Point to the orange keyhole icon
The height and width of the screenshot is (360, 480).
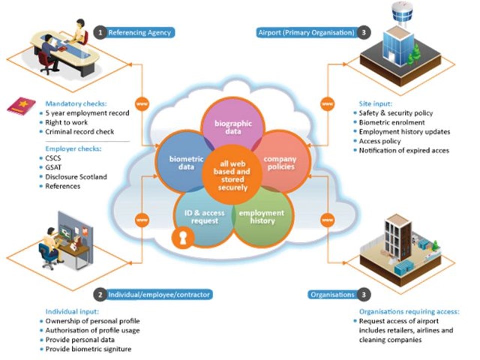point(183,237)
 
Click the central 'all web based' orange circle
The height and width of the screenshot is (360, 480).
point(232,175)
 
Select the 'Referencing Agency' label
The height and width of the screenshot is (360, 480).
point(140,33)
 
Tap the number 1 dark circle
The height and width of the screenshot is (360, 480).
point(100,33)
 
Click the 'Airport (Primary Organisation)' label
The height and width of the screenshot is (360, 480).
point(306,33)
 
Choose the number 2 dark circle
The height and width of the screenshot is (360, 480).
point(100,295)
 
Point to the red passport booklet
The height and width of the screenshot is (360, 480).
point(21,106)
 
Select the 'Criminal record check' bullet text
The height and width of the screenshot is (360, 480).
point(80,132)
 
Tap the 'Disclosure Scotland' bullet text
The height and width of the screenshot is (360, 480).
point(76,177)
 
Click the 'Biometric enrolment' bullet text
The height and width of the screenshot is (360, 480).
point(392,123)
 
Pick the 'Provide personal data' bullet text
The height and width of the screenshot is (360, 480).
point(80,340)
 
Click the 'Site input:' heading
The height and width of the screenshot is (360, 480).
point(375,104)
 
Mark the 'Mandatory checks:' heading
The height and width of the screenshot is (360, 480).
point(76,104)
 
